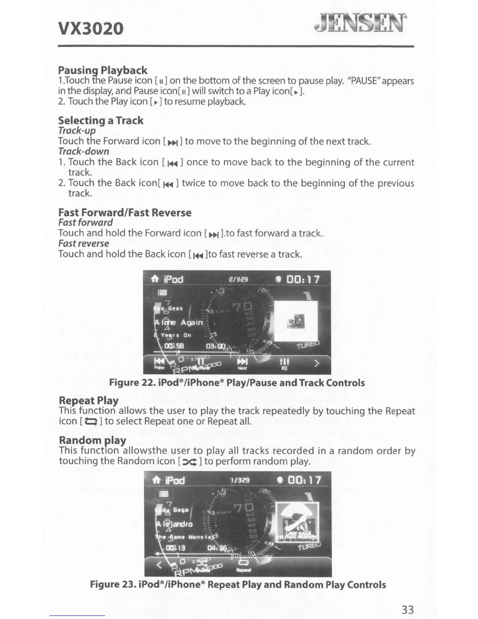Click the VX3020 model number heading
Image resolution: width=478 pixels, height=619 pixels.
[x=91, y=28]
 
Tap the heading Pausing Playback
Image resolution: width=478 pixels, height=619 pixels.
[x=102, y=70]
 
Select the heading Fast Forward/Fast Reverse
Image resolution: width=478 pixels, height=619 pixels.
[x=125, y=213]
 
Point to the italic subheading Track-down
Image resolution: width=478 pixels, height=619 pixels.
[x=84, y=151]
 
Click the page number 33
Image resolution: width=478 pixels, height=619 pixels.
[x=407, y=609]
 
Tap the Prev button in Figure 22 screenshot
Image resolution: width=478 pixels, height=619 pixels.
[x=159, y=363]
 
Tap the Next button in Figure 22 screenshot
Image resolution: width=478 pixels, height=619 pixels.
[x=243, y=363]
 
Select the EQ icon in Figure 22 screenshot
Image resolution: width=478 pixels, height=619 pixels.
[x=284, y=363]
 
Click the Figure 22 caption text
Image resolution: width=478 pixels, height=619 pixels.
[x=237, y=383]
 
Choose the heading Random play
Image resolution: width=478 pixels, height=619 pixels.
[x=92, y=440]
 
